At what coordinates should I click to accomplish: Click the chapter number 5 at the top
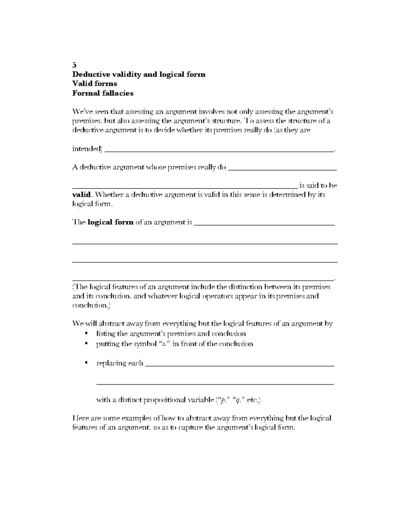click(x=74, y=65)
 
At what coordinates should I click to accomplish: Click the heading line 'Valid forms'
click(x=95, y=84)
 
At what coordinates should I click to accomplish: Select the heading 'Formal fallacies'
click(x=103, y=93)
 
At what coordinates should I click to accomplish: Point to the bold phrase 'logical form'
click(x=110, y=222)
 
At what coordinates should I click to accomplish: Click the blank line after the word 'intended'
click(x=219, y=150)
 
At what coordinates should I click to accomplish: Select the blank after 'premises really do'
click(x=282, y=169)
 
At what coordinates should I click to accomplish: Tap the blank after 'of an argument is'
click(x=264, y=224)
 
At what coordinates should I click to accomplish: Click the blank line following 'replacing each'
click(x=239, y=365)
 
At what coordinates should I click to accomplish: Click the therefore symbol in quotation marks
click(x=164, y=344)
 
